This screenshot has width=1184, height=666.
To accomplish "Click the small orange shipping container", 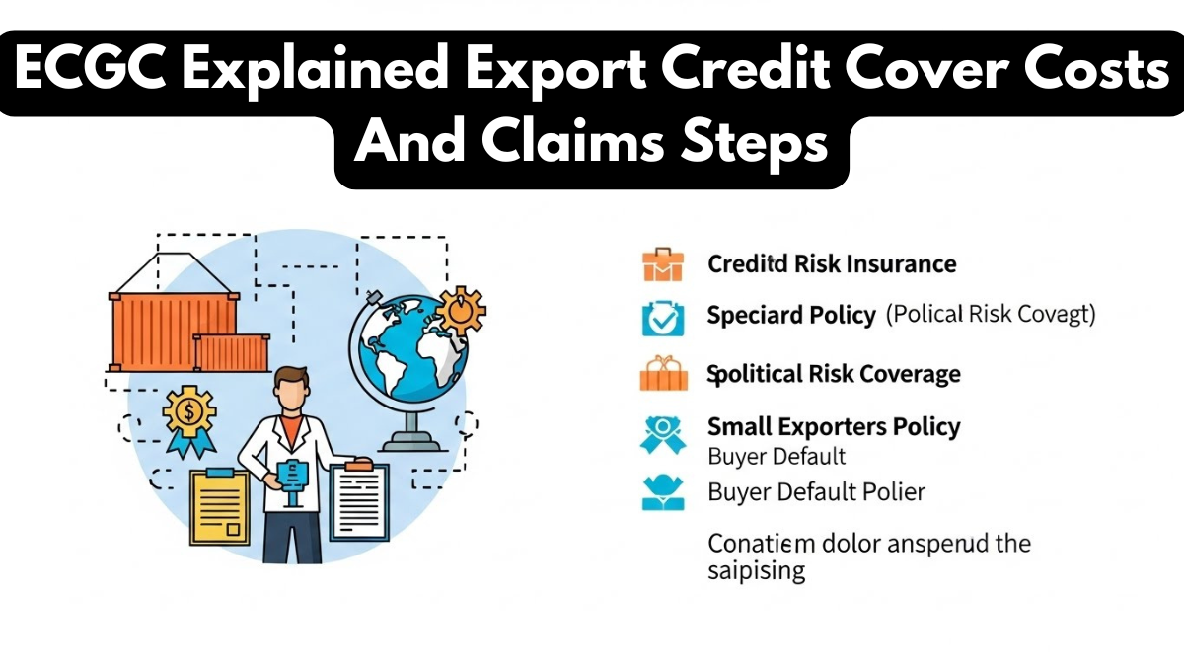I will [232, 352].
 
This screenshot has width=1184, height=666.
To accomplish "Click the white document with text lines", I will [359, 501].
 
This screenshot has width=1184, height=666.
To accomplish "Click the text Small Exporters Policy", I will [834, 427].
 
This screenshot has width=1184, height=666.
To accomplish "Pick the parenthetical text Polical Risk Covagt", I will [991, 315].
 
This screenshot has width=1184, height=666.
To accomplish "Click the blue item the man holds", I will [294, 473].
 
